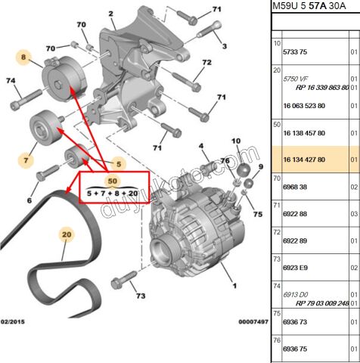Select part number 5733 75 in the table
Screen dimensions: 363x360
click(x=295, y=52)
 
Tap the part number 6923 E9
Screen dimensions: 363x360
click(x=295, y=267)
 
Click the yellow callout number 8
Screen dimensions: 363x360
click(x=23, y=57)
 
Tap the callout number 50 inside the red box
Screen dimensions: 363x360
click(x=112, y=181)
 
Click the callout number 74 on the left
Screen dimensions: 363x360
click(x=11, y=81)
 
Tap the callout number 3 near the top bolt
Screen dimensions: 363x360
click(x=224, y=47)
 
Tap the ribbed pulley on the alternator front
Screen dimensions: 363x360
click(x=166, y=247)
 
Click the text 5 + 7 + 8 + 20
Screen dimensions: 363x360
click(x=112, y=193)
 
